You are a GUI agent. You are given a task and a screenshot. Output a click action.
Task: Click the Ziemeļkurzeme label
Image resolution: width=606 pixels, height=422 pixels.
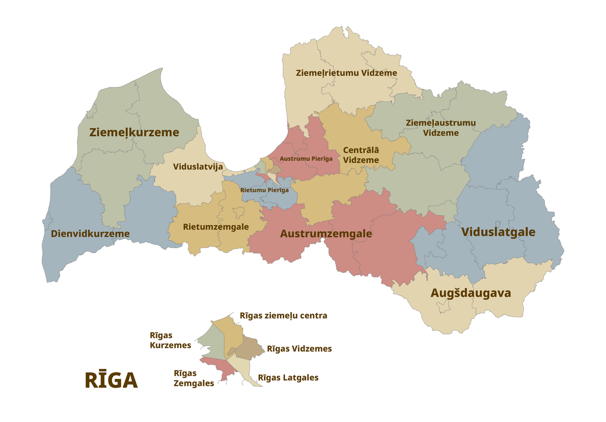(134, 133)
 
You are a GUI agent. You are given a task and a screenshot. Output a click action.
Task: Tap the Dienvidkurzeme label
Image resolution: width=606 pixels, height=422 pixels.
(90, 234)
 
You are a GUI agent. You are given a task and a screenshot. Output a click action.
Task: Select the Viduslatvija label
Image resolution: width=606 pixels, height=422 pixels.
(198, 167)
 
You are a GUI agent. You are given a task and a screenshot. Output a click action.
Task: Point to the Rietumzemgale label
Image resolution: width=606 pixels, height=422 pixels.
(216, 227)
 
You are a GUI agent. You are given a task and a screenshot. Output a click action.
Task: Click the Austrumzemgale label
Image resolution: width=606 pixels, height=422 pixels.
(326, 234)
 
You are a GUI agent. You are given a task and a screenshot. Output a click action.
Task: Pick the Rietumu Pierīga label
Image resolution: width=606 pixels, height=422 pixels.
(265, 190)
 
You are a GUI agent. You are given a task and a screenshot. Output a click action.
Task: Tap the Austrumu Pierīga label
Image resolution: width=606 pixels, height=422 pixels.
(306, 158)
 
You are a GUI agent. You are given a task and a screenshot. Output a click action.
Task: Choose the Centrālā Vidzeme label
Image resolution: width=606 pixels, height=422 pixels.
(361, 155)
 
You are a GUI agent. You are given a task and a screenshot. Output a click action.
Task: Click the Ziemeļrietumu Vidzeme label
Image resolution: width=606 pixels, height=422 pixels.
(346, 73)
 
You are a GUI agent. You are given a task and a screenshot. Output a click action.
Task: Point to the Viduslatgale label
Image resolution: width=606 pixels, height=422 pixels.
(498, 232)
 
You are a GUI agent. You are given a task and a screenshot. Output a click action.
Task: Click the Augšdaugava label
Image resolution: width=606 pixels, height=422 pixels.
(471, 293)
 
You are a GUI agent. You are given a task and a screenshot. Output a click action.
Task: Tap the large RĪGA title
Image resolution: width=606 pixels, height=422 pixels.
(111, 381)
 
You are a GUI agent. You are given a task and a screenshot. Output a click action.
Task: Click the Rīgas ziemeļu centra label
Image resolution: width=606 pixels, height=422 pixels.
(283, 316)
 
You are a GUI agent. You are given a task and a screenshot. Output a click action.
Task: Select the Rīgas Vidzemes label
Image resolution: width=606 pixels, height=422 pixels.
(299, 349)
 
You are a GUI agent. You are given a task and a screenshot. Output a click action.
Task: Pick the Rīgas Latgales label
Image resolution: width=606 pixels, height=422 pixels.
(288, 378)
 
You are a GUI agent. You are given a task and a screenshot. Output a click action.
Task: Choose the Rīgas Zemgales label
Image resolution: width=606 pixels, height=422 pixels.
(193, 378)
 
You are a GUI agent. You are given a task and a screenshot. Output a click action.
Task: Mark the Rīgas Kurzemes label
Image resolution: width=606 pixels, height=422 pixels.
(170, 340)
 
